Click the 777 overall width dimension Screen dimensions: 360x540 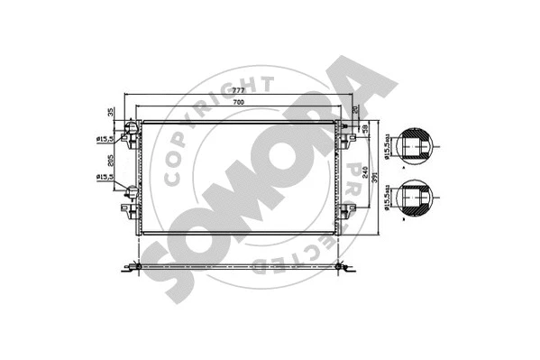pos(240,91)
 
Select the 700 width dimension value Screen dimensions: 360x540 pos(240,106)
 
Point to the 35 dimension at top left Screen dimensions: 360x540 pos(112,113)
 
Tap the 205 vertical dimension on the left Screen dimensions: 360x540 pos(111,163)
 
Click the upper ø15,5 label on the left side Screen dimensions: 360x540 pos(105,137)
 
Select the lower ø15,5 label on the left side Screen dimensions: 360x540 pos(105,178)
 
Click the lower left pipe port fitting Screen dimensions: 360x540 pos(132,191)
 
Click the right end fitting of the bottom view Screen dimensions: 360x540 pos(343,267)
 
